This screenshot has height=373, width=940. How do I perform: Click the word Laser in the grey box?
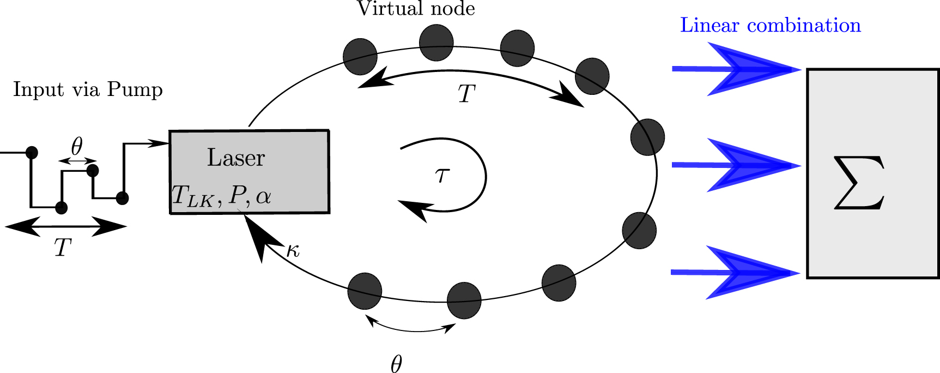pos(235,158)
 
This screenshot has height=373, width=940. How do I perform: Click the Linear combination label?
pos(770,26)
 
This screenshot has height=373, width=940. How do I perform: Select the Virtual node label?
pos(415,9)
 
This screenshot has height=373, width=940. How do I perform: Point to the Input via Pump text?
pos(88,89)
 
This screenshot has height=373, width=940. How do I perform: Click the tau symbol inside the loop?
pos(442,175)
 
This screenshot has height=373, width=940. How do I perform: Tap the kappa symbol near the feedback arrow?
pos(293,250)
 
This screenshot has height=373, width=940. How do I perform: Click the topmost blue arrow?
pos(736,69)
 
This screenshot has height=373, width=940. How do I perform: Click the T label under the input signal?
pos(63,248)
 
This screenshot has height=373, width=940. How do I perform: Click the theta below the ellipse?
pos(396,364)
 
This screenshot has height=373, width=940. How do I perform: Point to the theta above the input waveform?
pos(77,146)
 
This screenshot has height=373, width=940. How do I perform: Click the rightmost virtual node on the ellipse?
pos(647,137)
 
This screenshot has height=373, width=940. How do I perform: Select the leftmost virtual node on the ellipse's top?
pos(360,56)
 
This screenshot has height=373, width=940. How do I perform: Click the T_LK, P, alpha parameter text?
pos(221,196)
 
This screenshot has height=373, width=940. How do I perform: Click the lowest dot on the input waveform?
pos(61,207)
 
